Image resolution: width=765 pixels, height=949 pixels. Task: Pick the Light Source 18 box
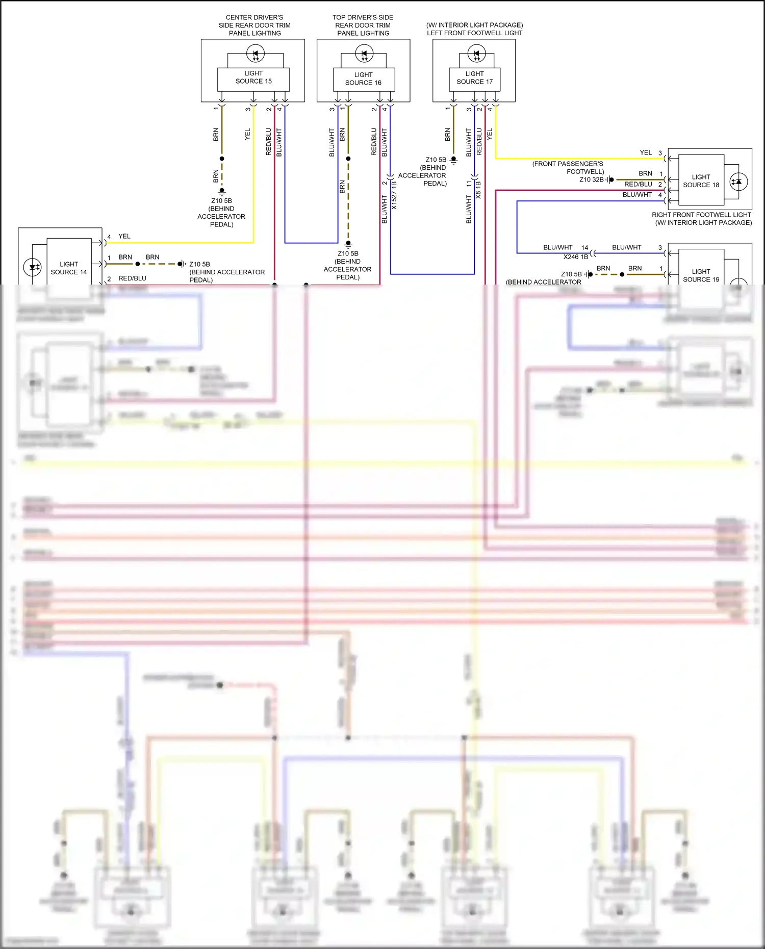click(701, 182)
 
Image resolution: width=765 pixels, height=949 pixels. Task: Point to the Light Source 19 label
click(701, 275)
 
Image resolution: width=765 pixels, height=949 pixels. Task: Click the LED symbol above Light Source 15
click(256, 53)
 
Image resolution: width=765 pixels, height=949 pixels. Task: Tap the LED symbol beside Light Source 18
click(738, 182)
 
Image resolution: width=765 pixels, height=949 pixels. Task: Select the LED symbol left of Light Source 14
click(33, 267)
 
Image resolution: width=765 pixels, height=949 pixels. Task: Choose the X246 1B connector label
click(575, 257)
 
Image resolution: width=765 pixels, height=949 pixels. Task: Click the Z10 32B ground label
click(591, 179)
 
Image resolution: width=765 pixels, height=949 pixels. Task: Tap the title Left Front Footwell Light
click(474, 33)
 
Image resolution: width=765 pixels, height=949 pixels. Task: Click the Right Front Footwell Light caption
click(701, 215)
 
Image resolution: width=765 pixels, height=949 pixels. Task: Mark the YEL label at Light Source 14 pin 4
click(124, 236)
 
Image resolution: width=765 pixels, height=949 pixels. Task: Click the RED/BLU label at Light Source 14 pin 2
click(132, 278)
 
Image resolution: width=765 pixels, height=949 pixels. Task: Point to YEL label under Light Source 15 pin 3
click(248, 134)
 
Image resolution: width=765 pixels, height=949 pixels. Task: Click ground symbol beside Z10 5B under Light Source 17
click(453, 160)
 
